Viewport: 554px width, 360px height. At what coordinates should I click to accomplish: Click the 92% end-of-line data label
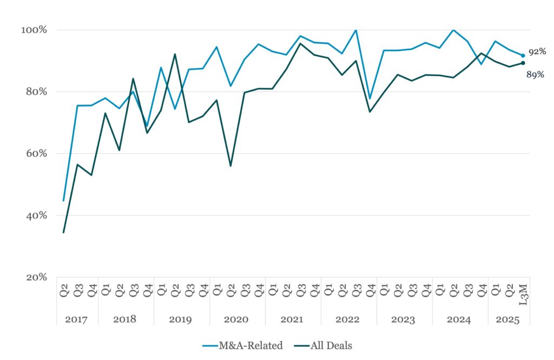pyautogui.click(x=537, y=51)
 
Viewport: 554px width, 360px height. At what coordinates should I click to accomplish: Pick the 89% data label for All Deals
pyautogui.click(x=535, y=75)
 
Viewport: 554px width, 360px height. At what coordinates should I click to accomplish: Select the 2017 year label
pyautogui.click(x=77, y=319)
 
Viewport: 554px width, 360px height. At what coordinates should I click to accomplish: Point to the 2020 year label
pyautogui.click(x=237, y=319)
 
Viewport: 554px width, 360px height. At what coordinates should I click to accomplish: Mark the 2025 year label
pyautogui.click(x=509, y=319)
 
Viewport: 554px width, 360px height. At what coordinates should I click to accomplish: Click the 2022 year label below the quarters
pyautogui.click(x=347, y=319)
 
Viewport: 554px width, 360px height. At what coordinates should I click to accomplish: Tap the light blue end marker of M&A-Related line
pyautogui.click(x=523, y=55)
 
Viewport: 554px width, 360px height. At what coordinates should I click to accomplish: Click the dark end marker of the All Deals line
pyautogui.click(x=523, y=63)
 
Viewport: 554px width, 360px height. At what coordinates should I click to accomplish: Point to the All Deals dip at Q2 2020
pyautogui.click(x=230, y=166)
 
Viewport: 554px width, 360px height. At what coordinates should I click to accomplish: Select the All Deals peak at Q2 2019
pyautogui.click(x=175, y=54)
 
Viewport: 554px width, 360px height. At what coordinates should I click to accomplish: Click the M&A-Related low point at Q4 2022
pyautogui.click(x=370, y=99)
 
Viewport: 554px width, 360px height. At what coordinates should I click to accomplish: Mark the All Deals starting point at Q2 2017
pyautogui.click(x=63, y=232)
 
